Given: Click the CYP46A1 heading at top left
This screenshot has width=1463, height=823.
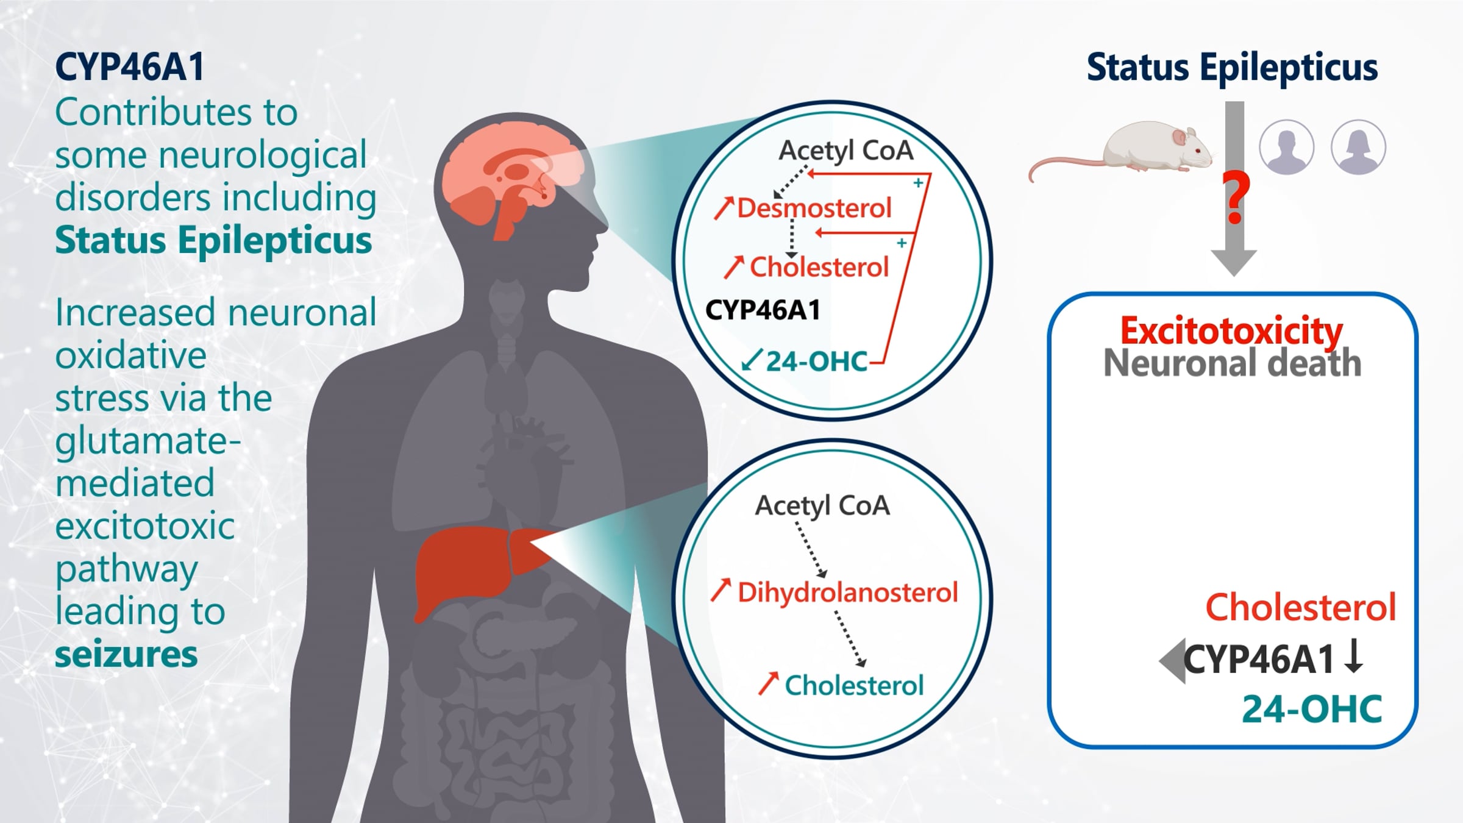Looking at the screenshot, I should pyautogui.click(x=129, y=66).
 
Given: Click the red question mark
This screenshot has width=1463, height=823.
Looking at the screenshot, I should pyautogui.click(x=1235, y=198).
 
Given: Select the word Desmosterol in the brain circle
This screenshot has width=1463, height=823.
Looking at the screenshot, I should pyautogui.click(x=814, y=208).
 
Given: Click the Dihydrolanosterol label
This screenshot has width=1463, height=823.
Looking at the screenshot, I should pyautogui.click(x=847, y=592).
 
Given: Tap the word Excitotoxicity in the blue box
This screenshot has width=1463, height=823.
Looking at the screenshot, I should pyautogui.click(x=1231, y=331).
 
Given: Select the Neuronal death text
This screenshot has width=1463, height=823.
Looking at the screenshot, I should pyautogui.click(x=1232, y=363).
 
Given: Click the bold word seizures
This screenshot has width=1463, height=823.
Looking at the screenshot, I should pyautogui.click(x=126, y=654).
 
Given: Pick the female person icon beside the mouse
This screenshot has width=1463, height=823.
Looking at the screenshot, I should pyautogui.click(x=1358, y=148).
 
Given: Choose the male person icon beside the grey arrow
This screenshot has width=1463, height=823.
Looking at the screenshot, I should pyautogui.click(x=1286, y=148).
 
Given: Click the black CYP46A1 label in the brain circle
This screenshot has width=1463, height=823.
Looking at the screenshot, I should pyautogui.click(x=763, y=310).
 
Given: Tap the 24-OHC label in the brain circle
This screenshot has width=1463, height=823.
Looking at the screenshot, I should pyautogui.click(x=816, y=362).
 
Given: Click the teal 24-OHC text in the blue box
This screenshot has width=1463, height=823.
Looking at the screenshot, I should pyautogui.click(x=1312, y=709).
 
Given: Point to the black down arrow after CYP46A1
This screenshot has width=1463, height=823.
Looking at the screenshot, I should pyautogui.click(x=1353, y=657).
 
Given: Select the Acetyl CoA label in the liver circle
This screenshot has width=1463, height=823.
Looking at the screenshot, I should pyautogui.click(x=822, y=505).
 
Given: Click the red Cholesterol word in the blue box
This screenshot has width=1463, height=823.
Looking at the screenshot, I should pyautogui.click(x=1300, y=607).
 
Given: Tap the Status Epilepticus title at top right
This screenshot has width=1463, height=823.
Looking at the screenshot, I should pyautogui.click(x=1232, y=67).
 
